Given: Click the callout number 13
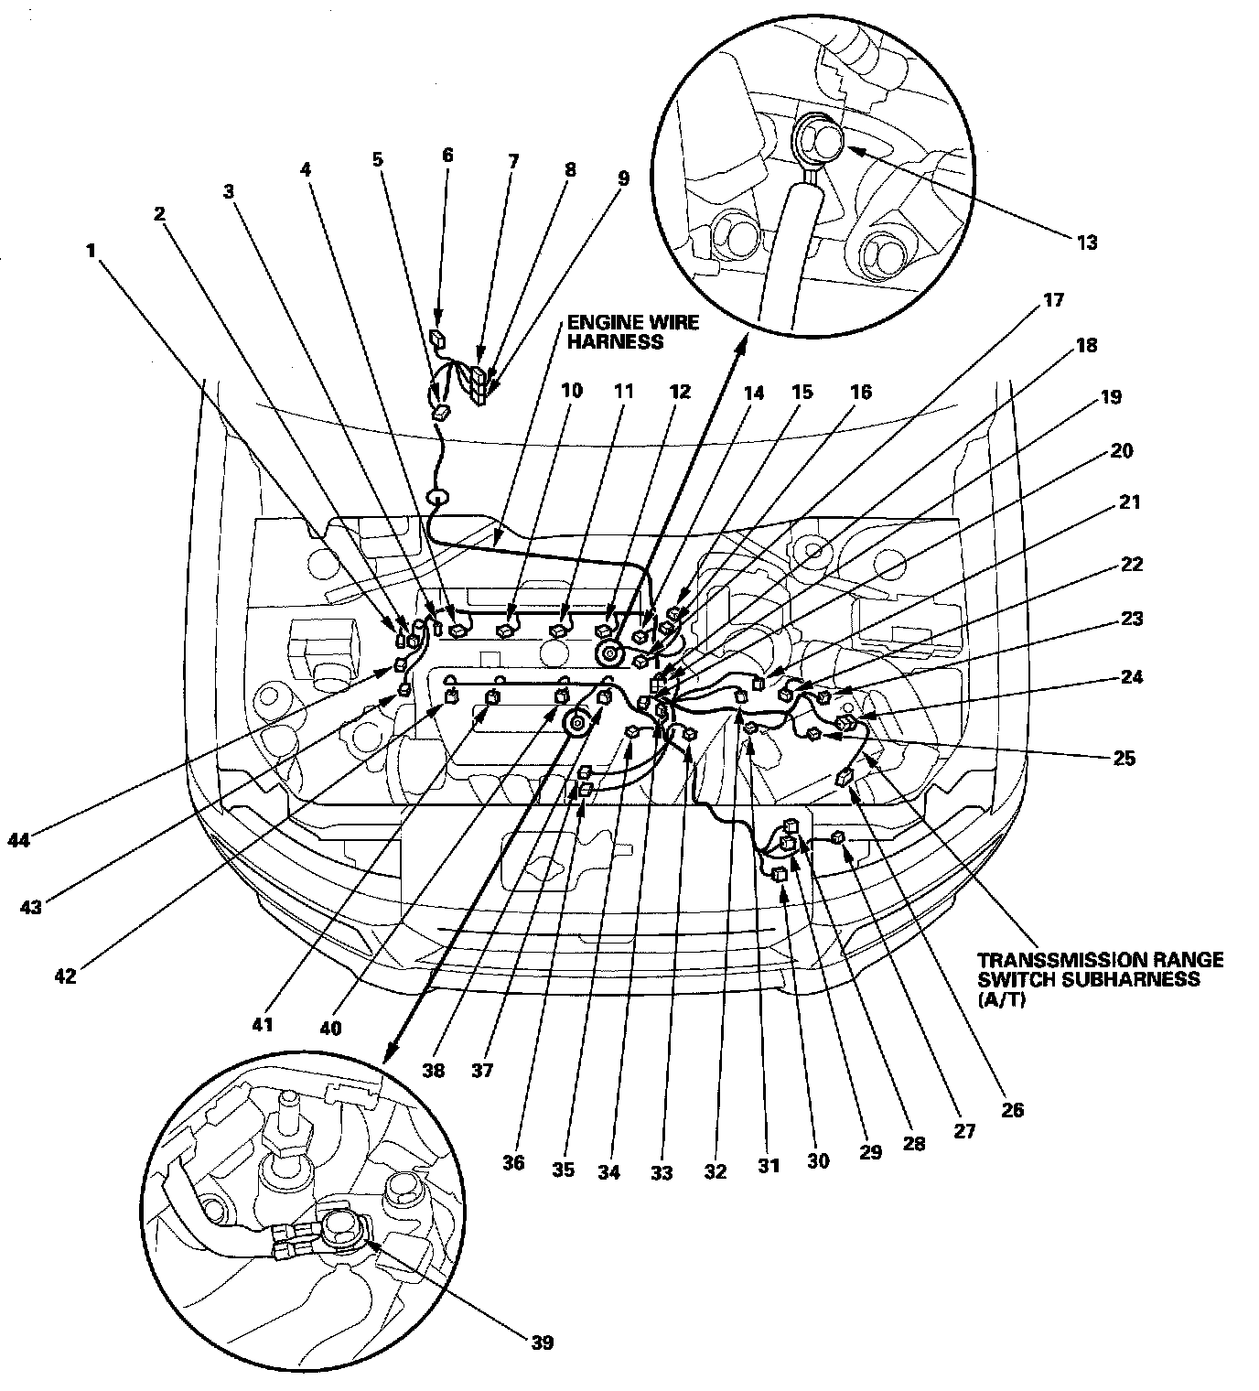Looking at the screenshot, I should point(1087,243).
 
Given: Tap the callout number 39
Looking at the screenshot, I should point(542,1342).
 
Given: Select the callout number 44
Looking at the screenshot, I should point(18,839).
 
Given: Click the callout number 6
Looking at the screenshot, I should point(447,155).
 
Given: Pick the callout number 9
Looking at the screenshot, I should point(623,178).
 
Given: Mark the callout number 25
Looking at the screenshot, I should point(1124,758).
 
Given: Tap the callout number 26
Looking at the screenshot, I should point(1012,1110).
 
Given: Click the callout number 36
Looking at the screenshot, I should point(513,1162).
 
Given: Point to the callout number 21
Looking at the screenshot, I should point(1131,502).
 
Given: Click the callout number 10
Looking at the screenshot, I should point(571,391).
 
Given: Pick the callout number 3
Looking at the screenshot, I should point(229,191).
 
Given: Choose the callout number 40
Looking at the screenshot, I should point(330,1028).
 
